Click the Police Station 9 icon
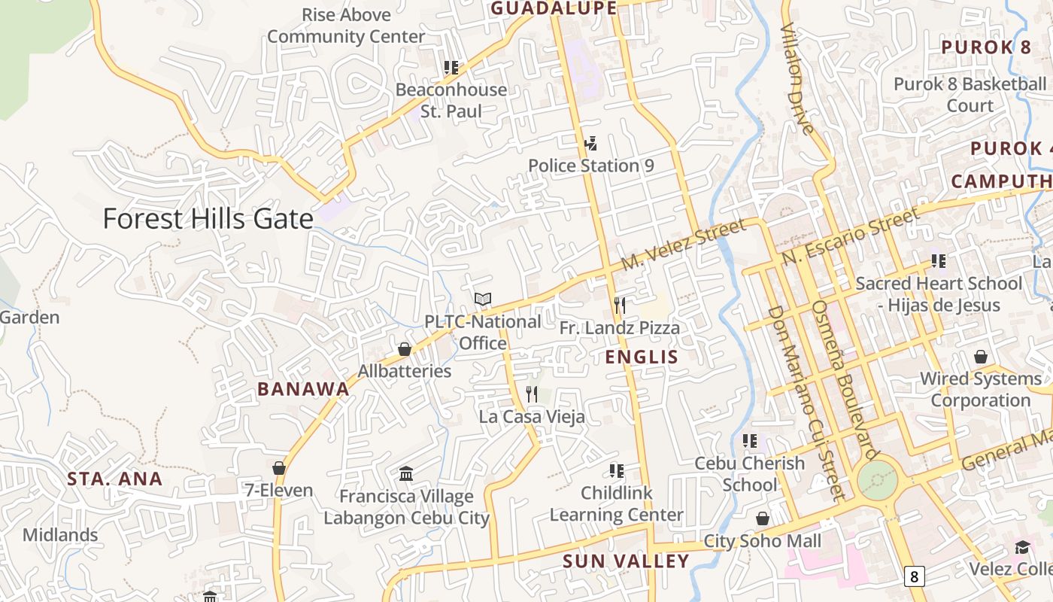tap(590, 143)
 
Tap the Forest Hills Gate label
tap(208, 219)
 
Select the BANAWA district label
tap(303, 389)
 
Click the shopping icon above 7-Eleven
tap(279, 468)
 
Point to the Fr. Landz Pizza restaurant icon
tap(619, 305)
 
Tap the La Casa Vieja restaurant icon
tap(532, 394)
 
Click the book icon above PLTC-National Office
tap(482, 299)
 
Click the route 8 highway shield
tap(914, 577)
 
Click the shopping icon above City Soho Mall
tap(763, 518)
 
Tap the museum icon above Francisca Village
tap(406, 473)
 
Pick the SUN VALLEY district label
tap(626, 561)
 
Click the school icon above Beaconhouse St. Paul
tap(451, 68)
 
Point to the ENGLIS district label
tap(642, 357)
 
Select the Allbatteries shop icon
tap(405, 349)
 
